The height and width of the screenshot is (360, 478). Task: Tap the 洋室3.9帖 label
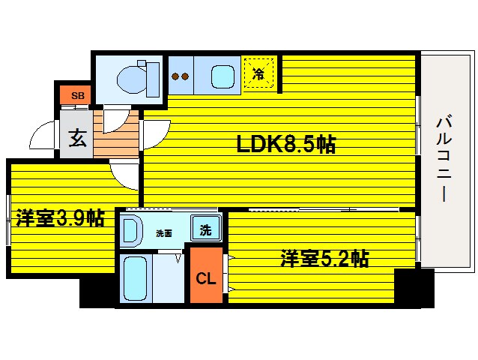click(x=60, y=218)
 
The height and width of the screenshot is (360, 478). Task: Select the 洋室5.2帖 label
click(x=324, y=259)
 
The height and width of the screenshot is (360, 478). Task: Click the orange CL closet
click(x=206, y=277)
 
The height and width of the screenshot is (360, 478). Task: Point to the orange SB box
click(x=76, y=95)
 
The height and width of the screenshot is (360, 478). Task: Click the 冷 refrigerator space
click(x=258, y=73)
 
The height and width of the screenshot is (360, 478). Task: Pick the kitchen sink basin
click(x=223, y=76)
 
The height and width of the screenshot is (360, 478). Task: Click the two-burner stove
click(x=181, y=76)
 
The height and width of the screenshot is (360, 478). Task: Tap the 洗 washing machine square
click(x=205, y=228)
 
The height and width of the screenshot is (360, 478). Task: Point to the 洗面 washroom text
click(x=164, y=233)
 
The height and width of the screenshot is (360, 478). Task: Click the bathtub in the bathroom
click(x=136, y=277)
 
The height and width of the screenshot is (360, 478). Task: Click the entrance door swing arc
click(x=42, y=139)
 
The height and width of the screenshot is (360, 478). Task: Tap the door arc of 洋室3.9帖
click(x=124, y=174)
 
